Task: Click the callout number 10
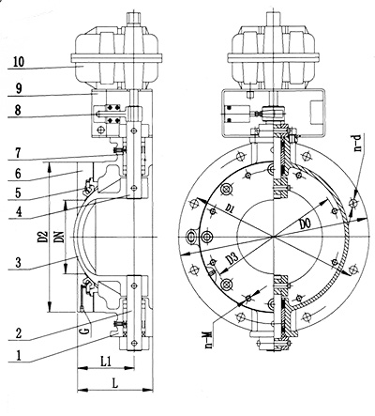click(19, 61)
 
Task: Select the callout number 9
click(19, 89)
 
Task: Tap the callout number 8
click(18, 110)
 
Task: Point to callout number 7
click(18, 153)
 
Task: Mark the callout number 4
click(18, 212)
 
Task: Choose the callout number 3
click(18, 262)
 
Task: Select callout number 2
click(18, 333)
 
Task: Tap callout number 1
click(18, 356)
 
